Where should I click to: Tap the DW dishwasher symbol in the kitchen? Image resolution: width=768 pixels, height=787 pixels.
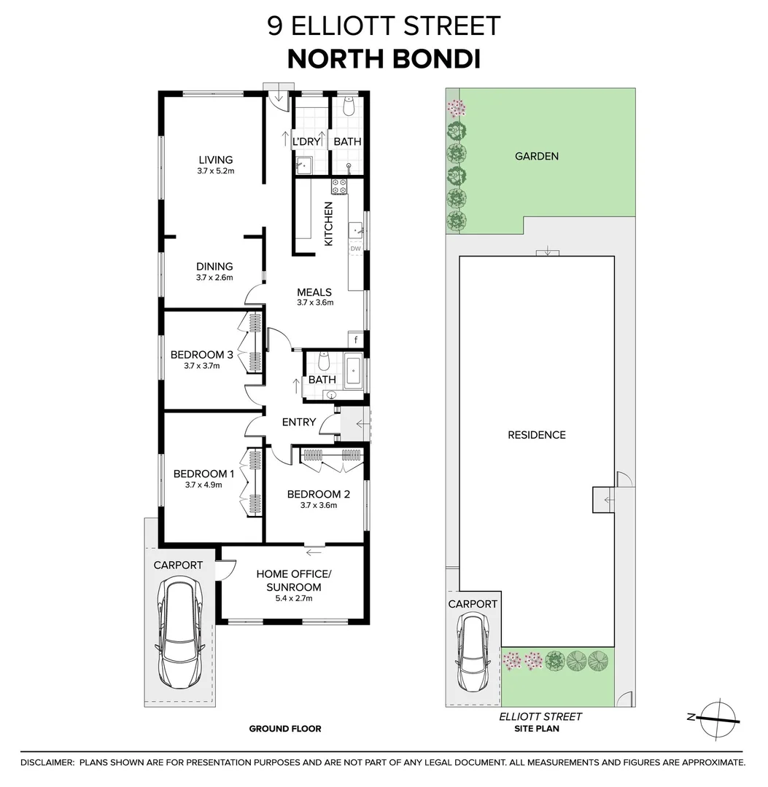pyautogui.click(x=355, y=249)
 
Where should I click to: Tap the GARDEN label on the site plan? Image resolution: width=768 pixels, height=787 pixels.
pyautogui.click(x=537, y=156)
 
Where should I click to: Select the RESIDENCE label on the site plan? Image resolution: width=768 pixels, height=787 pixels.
pyautogui.click(x=537, y=435)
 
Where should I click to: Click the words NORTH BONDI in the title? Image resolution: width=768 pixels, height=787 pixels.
pyautogui.click(x=384, y=59)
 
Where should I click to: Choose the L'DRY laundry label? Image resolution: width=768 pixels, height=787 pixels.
pyautogui.click(x=306, y=142)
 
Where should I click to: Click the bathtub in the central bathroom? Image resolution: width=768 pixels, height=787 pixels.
pyautogui.click(x=354, y=371)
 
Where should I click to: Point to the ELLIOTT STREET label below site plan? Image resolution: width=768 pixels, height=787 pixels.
pyautogui.click(x=540, y=716)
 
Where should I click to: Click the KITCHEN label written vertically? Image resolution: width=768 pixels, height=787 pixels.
pyautogui.click(x=329, y=224)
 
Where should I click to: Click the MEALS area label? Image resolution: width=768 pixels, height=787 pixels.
pyautogui.click(x=314, y=292)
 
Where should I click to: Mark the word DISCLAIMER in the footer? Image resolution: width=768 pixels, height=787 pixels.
pyautogui.click(x=47, y=763)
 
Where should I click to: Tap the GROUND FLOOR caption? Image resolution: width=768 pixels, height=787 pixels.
pyautogui.click(x=284, y=729)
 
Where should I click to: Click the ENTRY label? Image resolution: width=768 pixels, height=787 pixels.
pyautogui.click(x=299, y=422)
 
